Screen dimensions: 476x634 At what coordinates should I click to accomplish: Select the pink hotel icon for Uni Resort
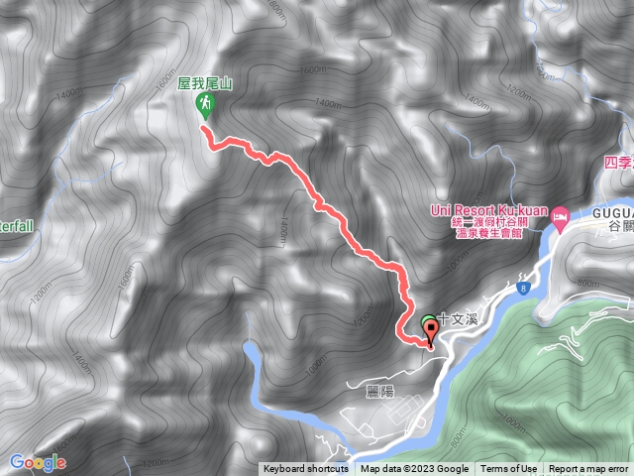point(560,214)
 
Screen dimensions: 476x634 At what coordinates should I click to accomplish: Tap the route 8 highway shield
point(521,288)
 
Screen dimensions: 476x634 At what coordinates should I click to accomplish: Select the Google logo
point(38,462)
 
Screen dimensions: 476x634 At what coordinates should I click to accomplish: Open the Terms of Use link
point(509,469)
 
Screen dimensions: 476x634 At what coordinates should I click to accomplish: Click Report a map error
point(588,469)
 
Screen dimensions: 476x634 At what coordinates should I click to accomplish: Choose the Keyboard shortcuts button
point(306,469)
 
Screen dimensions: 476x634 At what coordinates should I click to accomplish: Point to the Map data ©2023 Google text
point(414,469)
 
